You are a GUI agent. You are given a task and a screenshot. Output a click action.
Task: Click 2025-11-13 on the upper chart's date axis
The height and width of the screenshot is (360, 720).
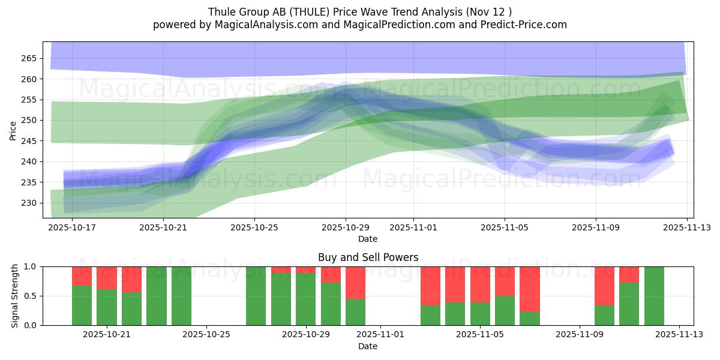coord(687,227)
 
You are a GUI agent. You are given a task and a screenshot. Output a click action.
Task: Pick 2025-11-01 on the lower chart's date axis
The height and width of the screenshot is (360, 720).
coord(380,335)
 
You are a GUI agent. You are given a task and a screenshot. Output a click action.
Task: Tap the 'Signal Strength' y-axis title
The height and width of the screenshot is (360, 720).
coord(15,296)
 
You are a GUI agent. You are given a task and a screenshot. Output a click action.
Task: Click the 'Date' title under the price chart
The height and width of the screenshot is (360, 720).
coord(368,239)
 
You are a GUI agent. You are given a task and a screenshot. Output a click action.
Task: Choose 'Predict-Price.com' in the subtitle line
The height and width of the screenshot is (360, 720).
coord(521,25)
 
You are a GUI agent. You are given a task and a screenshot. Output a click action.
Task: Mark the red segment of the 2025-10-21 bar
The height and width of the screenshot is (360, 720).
coord(107,278)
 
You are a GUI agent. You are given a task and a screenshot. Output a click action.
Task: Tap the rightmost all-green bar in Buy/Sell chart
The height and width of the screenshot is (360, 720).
coord(654,296)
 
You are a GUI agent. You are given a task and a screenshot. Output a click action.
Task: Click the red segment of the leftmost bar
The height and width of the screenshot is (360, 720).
coord(82,275)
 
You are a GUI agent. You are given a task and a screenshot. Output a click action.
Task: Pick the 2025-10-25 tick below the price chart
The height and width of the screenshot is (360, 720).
coord(254,227)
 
